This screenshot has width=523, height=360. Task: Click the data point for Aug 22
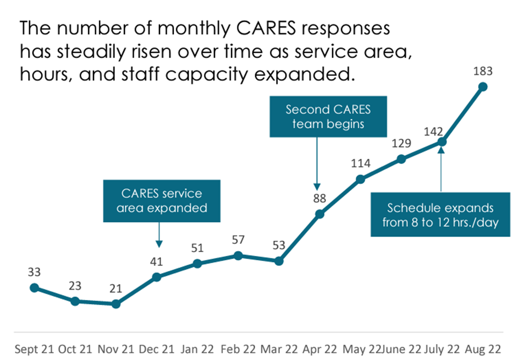click(x=483, y=86)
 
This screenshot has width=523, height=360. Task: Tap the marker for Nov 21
click(x=115, y=304)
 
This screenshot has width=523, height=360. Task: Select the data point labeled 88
click(x=320, y=214)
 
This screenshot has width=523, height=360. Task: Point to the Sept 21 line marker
click(x=34, y=287)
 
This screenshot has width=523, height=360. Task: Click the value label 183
click(x=483, y=71)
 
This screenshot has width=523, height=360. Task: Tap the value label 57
click(x=238, y=240)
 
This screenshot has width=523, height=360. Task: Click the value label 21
click(x=115, y=289)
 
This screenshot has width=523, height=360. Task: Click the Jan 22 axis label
click(x=196, y=349)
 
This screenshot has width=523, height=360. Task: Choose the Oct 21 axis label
click(x=75, y=349)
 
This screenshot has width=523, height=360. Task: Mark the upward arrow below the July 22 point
click(x=442, y=168)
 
